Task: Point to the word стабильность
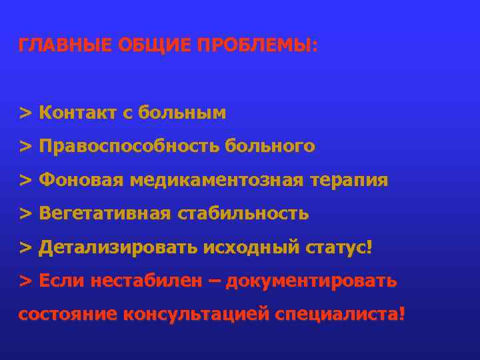[x=243, y=213]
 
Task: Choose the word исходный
[x=247, y=247]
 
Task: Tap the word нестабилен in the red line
[x=143, y=281]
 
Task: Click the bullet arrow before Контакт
[x=25, y=113]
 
